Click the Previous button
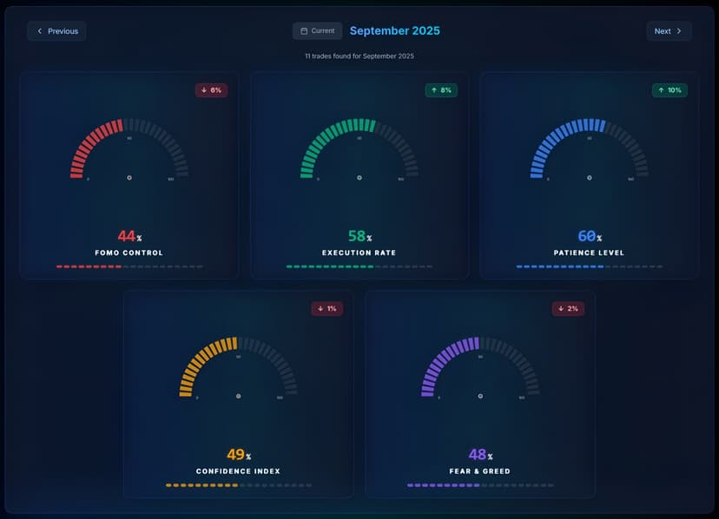[56, 31]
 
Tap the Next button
[669, 31]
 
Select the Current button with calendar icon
[317, 31]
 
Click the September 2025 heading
[394, 31]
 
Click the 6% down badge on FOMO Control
[211, 90]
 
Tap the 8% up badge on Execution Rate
[441, 90]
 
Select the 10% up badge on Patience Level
[670, 90]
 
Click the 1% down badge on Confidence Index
[327, 309]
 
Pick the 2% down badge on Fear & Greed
[568, 309]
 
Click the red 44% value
[129, 236]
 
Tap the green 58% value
[359, 236]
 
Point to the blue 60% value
[589, 236]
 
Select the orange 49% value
[238, 455]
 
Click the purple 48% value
[479, 455]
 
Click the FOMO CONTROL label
[129, 253]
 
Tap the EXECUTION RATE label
[359, 253]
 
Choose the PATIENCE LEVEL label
[589, 253]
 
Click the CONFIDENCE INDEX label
[238, 472]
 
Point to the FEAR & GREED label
[479, 472]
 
